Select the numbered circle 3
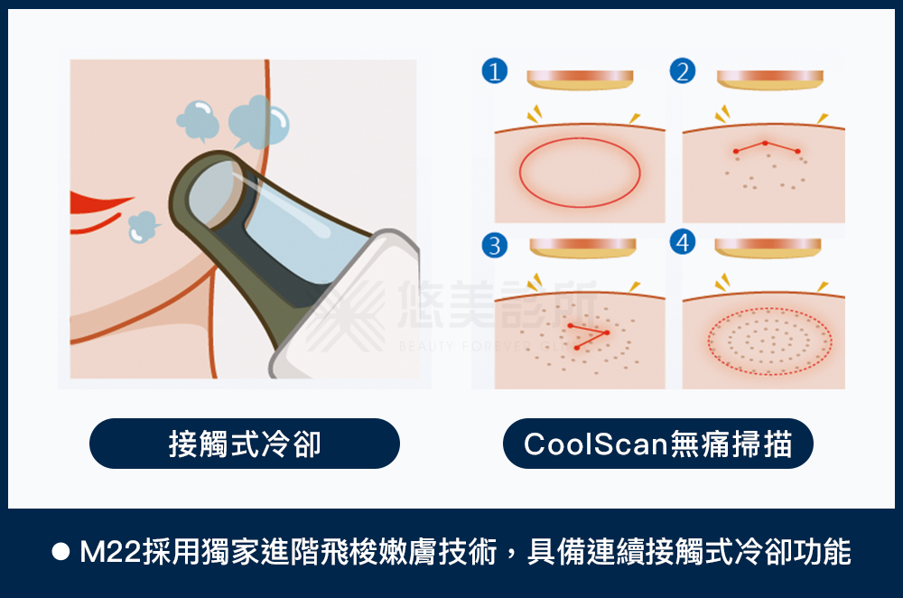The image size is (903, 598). (494, 245)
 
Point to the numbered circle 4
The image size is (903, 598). (684, 243)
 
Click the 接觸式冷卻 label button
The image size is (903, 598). (245, 444)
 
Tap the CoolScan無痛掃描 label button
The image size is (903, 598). (658, 444)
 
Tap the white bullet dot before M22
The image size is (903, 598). (61, 553)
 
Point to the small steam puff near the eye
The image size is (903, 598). (142, 227)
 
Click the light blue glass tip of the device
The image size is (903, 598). (298, 226)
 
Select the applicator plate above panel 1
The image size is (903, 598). (580, 79)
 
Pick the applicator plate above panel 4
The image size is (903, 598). (768, 248)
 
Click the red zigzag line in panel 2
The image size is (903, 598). (767, 146)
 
